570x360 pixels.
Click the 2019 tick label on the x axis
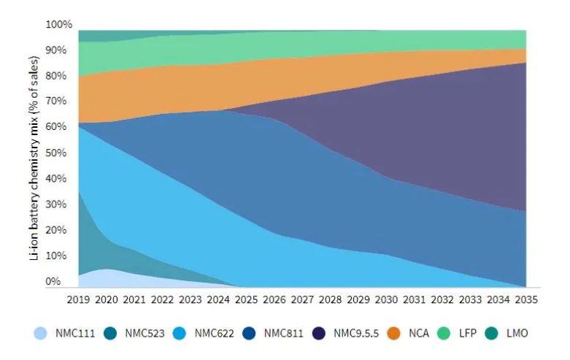click(x=77, y=299)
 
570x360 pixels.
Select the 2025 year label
click(x=246, y=299)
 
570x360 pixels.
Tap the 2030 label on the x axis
click(x=386, y=299)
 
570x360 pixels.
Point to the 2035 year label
click(x=526, y=299)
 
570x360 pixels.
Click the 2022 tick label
click(x=161, y=299)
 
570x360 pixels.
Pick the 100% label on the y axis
click(x=59, y=25)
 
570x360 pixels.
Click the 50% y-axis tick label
click(x=61, y=153)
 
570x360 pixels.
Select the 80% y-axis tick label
click(x=61, y=76)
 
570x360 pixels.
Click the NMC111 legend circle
click(x=42, y=334)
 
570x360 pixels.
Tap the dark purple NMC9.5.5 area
click(x=438, y=124)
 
